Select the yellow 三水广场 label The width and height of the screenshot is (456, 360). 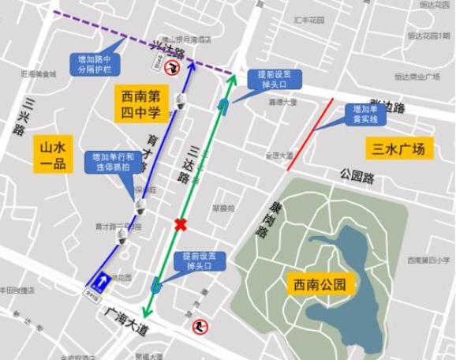(400, 148)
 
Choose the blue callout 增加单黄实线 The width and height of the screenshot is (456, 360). (368, 114)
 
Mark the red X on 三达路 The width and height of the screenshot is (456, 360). (181, 225)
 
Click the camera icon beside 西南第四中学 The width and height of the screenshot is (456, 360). (181, 100)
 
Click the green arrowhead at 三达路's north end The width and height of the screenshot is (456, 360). (233, 76)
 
